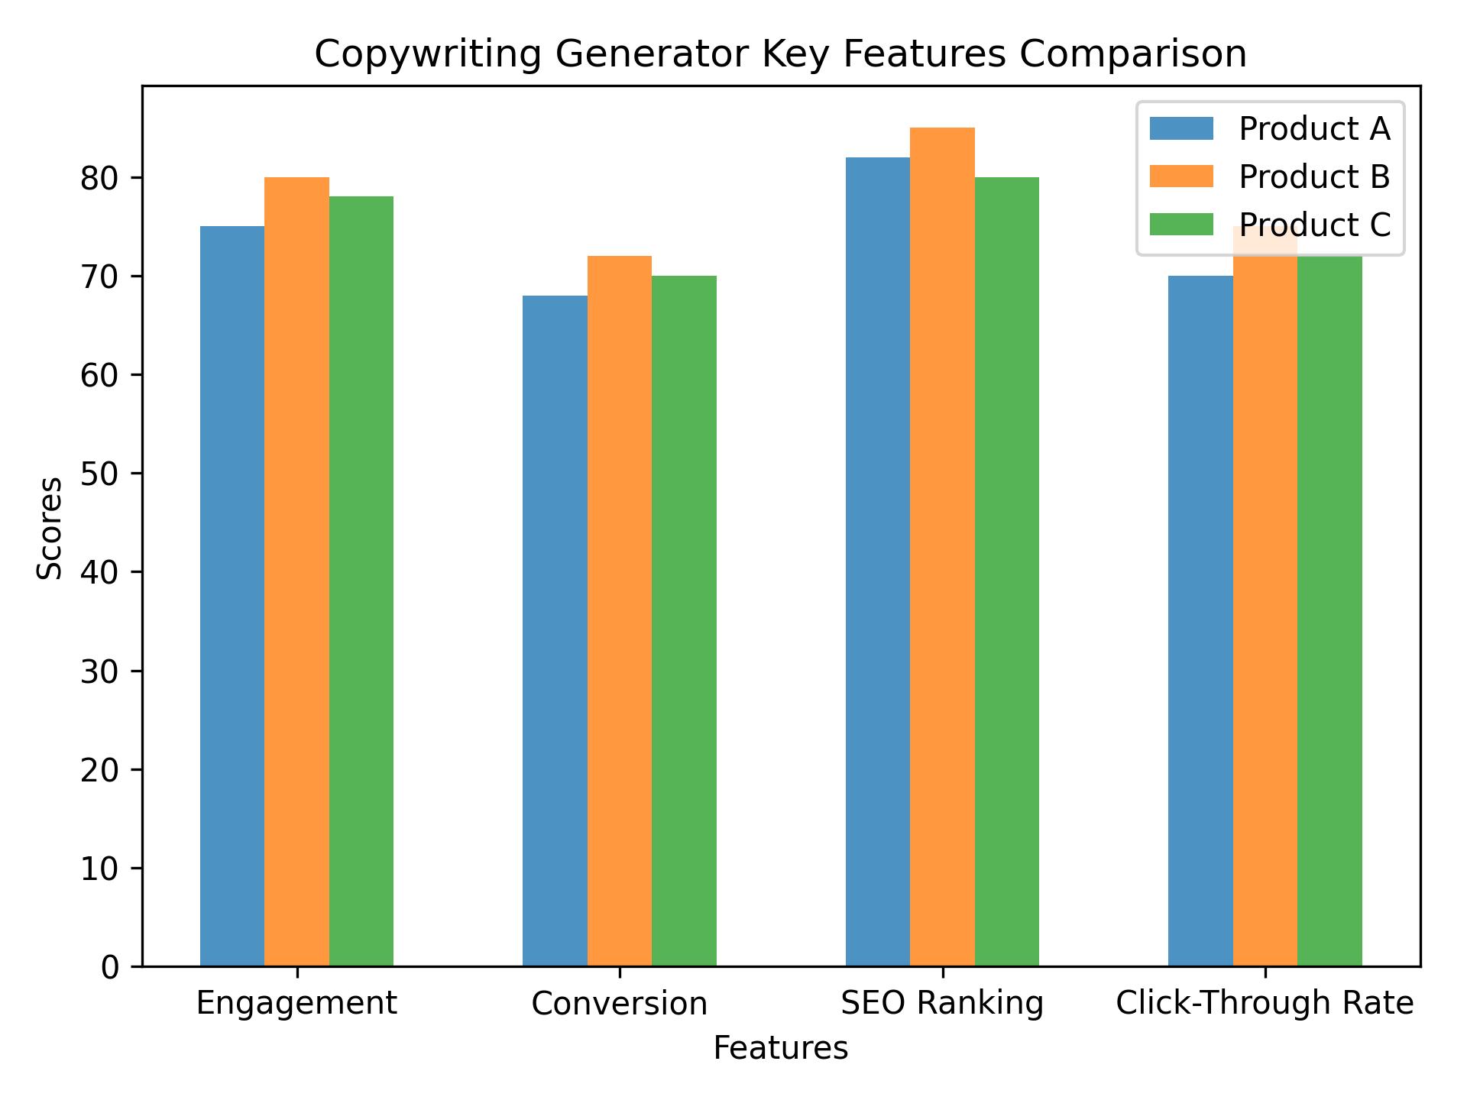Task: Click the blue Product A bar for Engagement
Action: (232, 596)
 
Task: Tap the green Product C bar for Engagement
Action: (361, 581)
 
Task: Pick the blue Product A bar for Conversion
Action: (555, 630)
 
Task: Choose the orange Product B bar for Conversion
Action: (620, 611)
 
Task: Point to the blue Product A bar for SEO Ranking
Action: (878, 561)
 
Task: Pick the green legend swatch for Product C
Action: (1181, 225)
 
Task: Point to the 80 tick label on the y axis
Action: (100, 178)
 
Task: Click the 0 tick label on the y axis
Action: (110, 967)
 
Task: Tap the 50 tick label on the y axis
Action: (100, 474)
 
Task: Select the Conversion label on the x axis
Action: (620, 1004)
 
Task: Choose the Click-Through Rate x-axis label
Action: (1265, 1004)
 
